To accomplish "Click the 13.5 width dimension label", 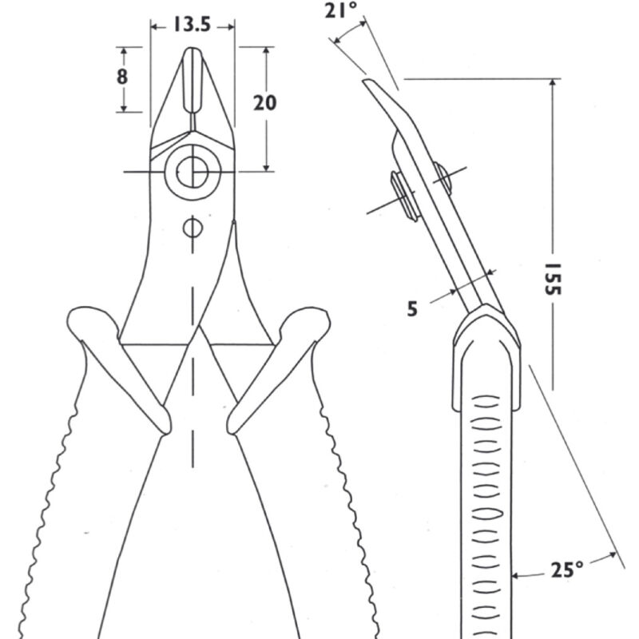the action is click(192, 25).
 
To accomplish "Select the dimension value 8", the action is click(122, 76).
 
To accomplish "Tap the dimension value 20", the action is click(265, 103).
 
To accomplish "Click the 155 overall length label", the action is click(553, 279).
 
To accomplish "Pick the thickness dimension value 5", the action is click(412, 309).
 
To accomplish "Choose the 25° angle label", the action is click(567, 570).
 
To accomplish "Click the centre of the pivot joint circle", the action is click(192, 172).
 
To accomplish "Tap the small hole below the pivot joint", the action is click(192, 228).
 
